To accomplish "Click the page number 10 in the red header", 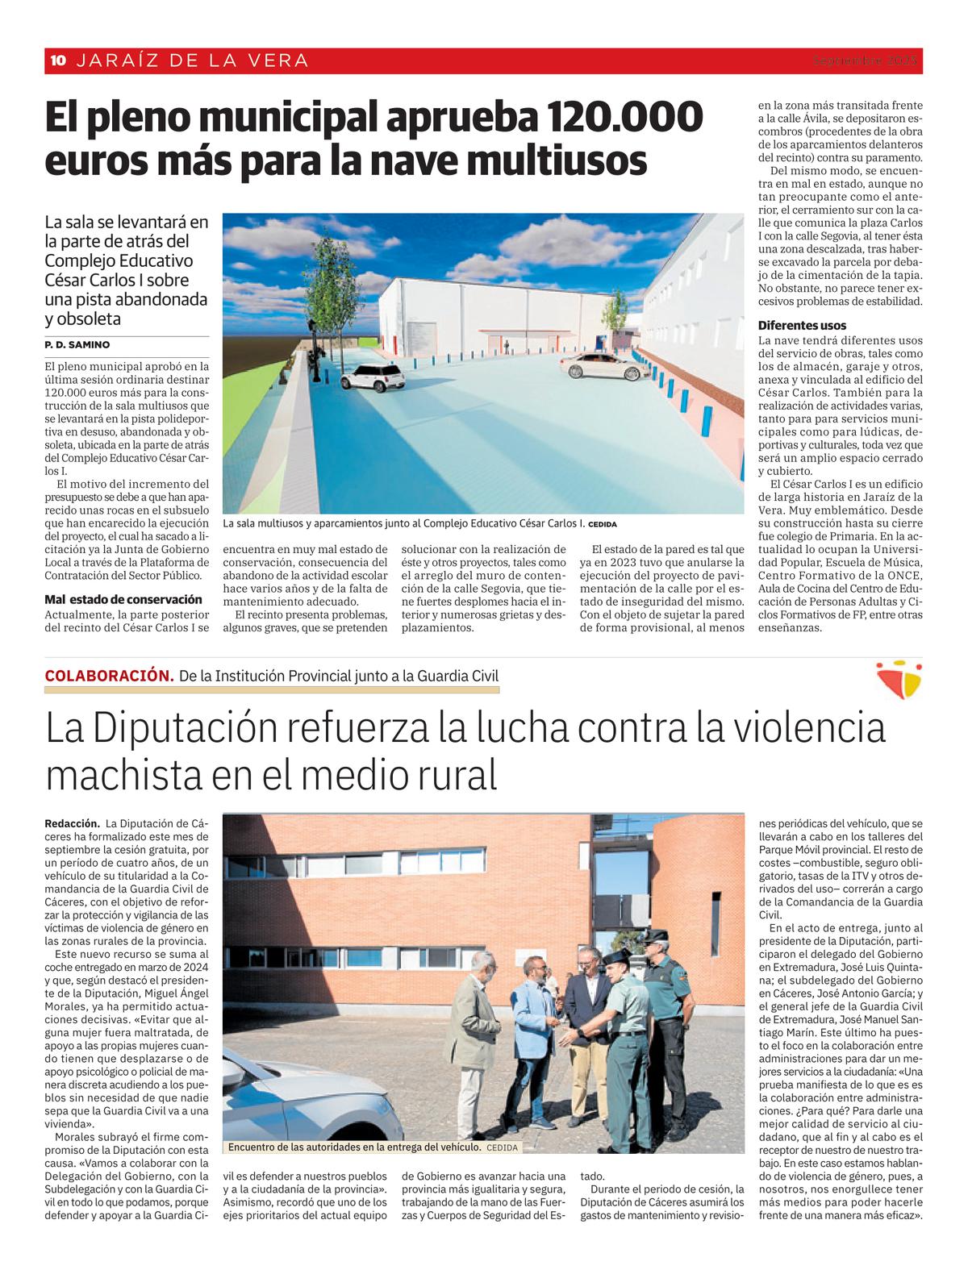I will pyautogui.click(x=58, y=60).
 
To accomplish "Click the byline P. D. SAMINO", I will pyautogui.click(x=77, y=345).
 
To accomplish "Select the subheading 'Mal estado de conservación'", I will pyautogui.click(x=123, y=599).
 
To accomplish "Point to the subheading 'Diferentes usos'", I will pyautogui.click(x=802, y=326).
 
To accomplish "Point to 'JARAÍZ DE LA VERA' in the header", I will pyautogui.click(x=191, y=60).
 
